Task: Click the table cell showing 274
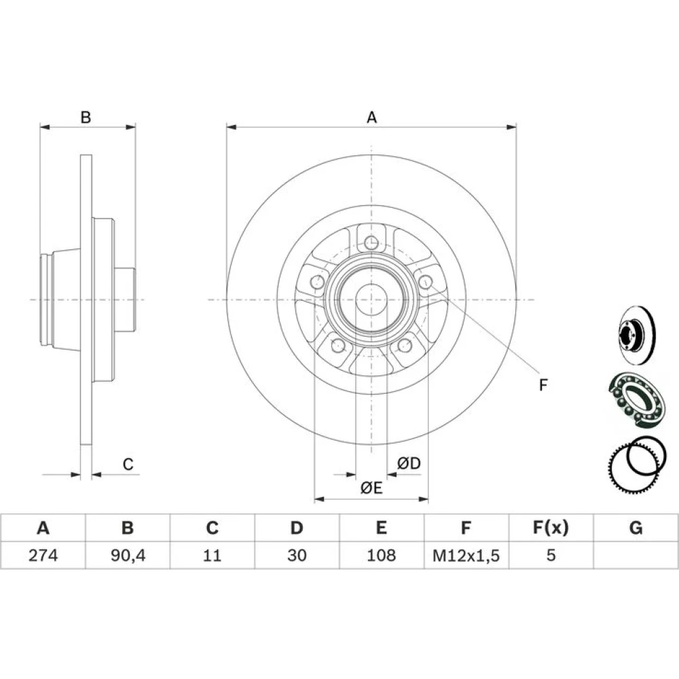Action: [x=43, y=555]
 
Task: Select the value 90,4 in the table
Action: [x=128, y=555]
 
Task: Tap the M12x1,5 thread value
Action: [x=466, y=555]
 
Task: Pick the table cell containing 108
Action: [x=382, y=555]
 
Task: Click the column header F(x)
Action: [x=551, y=528]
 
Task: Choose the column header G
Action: [x=636, y=528]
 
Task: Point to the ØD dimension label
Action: [x=409, y=463]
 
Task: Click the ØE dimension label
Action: [x=371, y=488]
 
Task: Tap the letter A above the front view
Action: [x=371, y=117]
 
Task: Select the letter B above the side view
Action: [x=86, y=117]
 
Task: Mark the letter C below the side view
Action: [x=128, y=464]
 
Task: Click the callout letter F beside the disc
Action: [x=543, y=384]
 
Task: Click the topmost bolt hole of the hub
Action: [x=371, y=242]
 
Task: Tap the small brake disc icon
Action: [x=637, y=335]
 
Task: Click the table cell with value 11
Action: [x=212, y=555]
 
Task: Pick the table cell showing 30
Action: [x=297, y=555]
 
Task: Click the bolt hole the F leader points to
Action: [x=426, y=282]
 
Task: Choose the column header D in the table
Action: [x=297, y=528]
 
